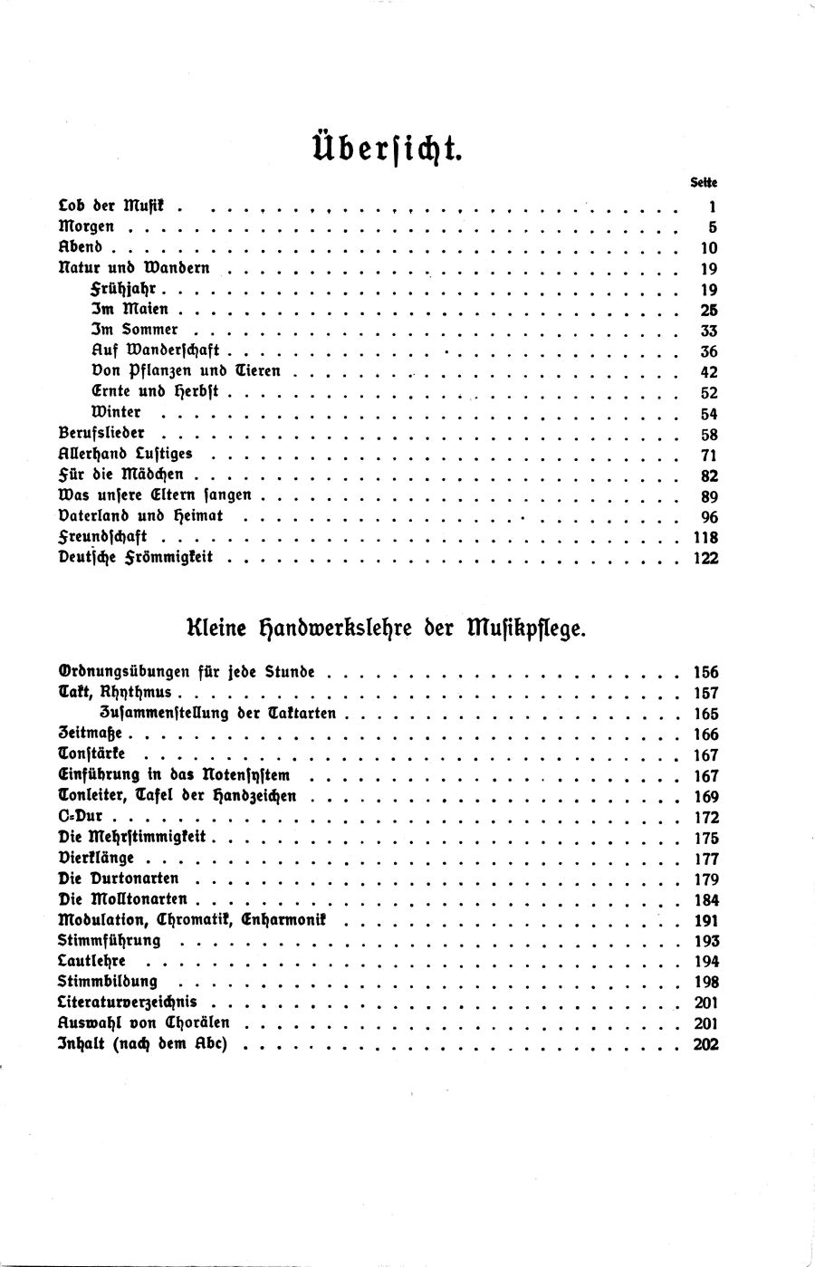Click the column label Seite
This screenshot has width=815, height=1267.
tap(704, 182)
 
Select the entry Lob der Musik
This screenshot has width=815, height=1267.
tap(114, 206)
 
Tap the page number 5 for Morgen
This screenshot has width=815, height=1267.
tap(713, 227)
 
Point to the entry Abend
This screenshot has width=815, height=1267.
tap(87, 247)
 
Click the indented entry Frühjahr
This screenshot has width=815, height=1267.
tap(130, 289)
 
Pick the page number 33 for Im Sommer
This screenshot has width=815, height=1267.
tap(708, 331)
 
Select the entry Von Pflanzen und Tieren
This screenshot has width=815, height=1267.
tap(186, 371)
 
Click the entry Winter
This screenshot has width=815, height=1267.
tap(116, 412)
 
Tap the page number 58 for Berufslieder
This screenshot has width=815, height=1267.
tap(708, 434)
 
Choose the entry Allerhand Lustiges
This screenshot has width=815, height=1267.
tap(125, 453)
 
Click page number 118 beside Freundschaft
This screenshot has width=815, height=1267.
tap(705, 537)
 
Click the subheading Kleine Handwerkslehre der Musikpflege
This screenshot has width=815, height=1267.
tap(387, 627)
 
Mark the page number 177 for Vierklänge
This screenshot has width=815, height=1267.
tap(705, 859)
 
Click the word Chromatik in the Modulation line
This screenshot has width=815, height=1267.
tap(194, 920)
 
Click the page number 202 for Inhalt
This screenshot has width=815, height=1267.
tap(705, 1044)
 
